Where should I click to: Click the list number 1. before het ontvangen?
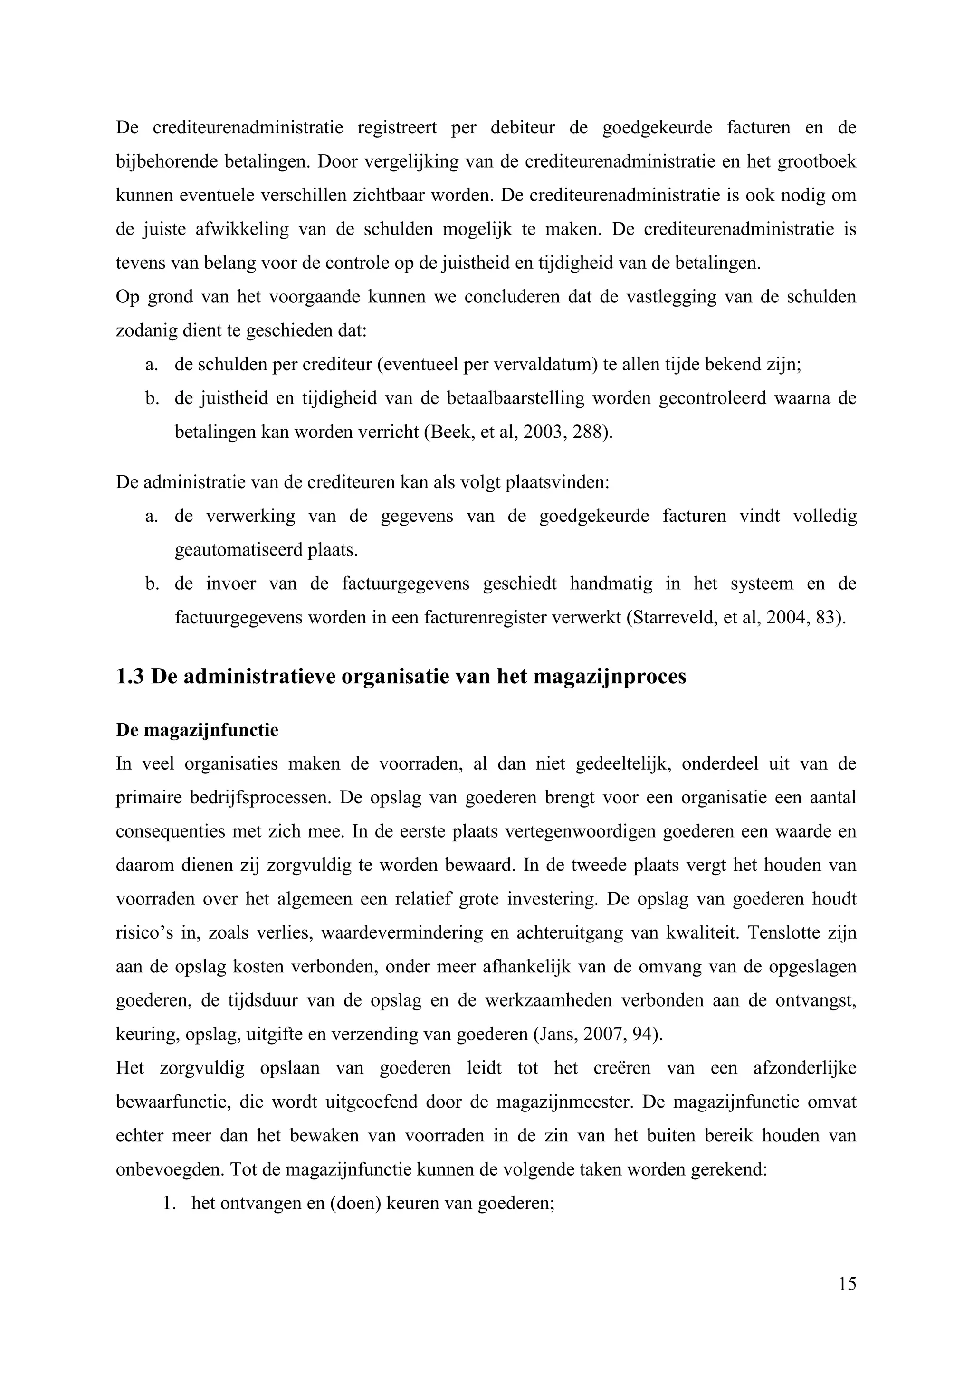coord(168,1204)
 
